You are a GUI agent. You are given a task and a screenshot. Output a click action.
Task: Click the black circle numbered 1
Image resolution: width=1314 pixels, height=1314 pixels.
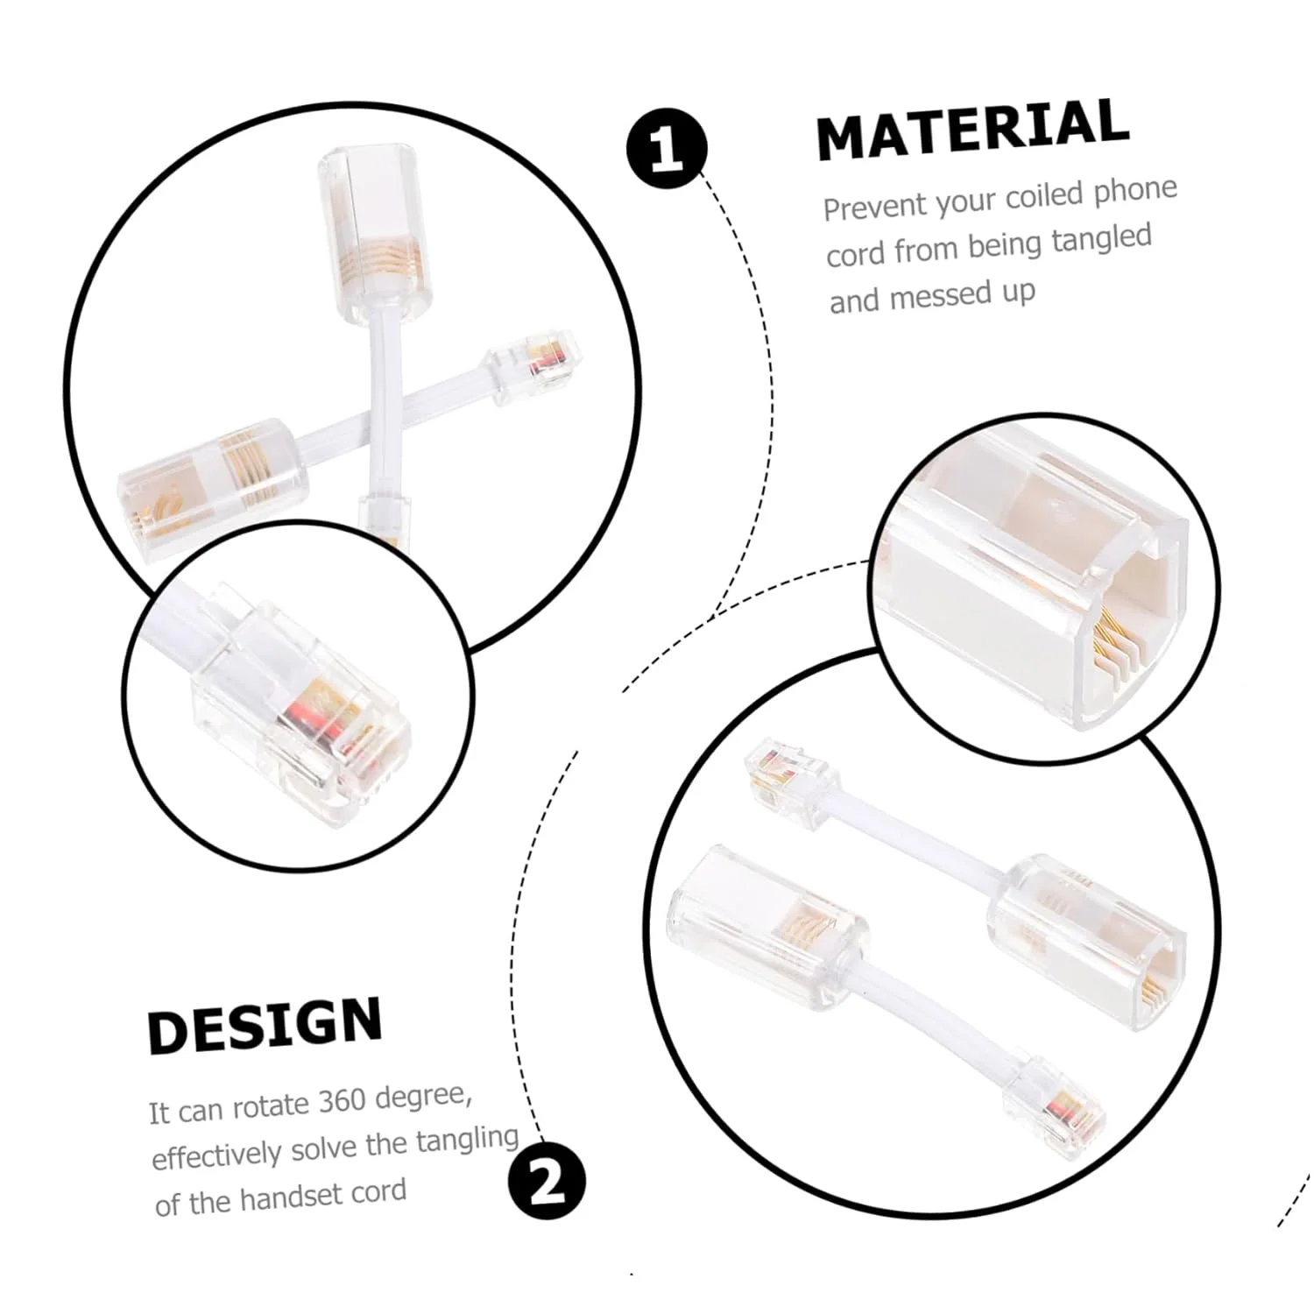click(667, 148)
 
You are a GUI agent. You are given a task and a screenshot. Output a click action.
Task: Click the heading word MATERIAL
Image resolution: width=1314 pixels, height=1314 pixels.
click(972, 129)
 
